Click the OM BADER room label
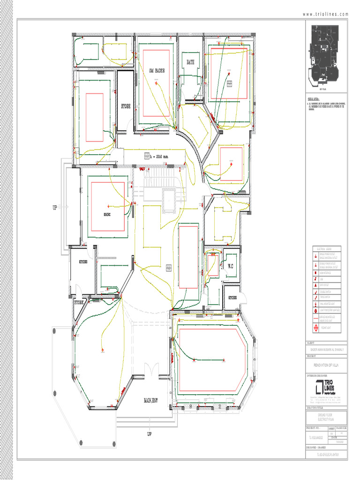[x=157, y=70]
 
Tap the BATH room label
[x=190, y=62]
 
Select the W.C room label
[x=231, y=266]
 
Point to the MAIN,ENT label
[x=153, y=401]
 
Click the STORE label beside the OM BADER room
[x=126, y=106]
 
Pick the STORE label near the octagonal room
[x=79, y=303]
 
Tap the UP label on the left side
[x=55, y=207]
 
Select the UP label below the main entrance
[x=149, y=434]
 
